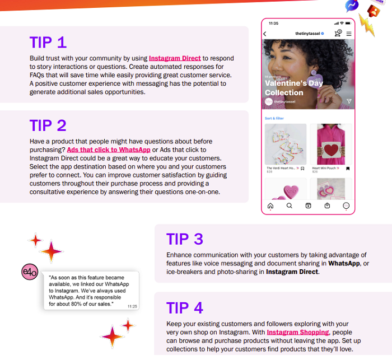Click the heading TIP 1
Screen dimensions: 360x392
(x=48, y=43)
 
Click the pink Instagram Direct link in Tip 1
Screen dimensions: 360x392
(x=175, y=58)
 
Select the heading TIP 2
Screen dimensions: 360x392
(x=48, y=125)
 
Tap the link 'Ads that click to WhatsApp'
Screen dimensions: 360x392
(x=109, y=150)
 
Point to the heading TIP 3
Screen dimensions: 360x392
(x=184, y=239)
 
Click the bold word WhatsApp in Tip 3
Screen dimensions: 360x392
(x=344, y=263)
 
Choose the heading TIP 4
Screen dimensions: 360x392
(x=184, y=308)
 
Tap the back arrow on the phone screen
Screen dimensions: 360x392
(x=265, y=34)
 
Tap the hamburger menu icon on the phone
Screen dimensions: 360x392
(x=348, y=34)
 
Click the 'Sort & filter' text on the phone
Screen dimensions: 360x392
(x=274, y=118)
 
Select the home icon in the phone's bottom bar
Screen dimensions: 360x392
(x=270, y=206)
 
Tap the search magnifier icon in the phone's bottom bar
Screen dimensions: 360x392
(x=289, y=206)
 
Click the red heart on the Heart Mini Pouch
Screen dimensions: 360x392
(x=331, y=149)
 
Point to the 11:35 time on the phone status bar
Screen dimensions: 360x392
(x=273, y=24)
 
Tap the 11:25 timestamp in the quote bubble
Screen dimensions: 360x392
(x=132, y=306)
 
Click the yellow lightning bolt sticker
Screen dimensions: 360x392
(x=366, y=25)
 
